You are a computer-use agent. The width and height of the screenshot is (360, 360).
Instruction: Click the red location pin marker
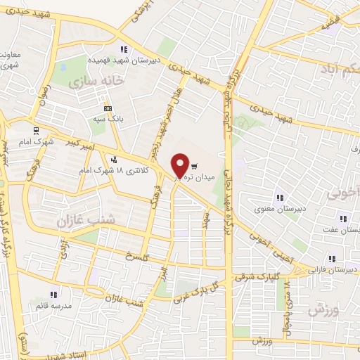click(x=180, y=165)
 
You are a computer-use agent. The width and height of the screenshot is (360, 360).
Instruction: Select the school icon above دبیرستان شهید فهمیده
click(x=124, y=49)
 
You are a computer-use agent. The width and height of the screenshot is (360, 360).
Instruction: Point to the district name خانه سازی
click(x=97, y=82)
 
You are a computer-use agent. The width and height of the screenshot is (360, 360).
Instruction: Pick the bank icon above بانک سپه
click(x=107, y=108)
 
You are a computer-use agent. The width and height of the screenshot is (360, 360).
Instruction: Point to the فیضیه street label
click(x=330, y=26)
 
